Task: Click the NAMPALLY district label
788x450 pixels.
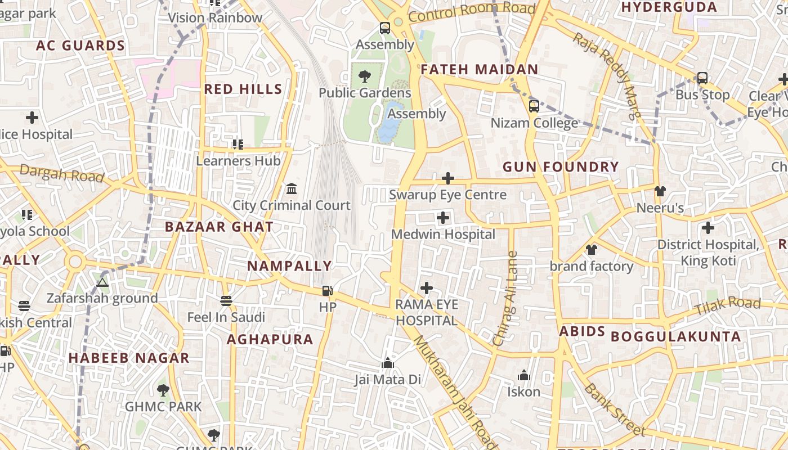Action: click(x=290, y=266)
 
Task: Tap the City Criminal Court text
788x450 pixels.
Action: click(x=292, y=205)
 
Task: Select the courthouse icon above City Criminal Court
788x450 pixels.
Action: click(x=292, y=188)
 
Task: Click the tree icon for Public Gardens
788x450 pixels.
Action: click(x=365, y=76)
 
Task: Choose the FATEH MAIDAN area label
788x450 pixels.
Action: click(x=480, y=70)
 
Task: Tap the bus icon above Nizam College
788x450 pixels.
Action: click(x=534, y=106)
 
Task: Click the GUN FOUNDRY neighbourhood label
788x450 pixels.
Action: click(x=561, y=167)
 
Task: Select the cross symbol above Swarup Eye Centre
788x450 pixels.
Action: click(x=448, y=179)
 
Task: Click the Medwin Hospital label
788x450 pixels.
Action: click(x=443, y=234)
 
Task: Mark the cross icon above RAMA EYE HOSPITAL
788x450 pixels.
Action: click(x=427, y=289)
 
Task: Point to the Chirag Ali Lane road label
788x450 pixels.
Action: click(x=504, y=298)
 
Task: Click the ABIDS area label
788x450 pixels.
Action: click(x=582, y=331)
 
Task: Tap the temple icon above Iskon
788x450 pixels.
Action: click(x=524, y=375)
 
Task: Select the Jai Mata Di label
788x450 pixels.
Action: click(x=387, y=380)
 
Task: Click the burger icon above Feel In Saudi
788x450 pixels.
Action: click(x=226, y=301)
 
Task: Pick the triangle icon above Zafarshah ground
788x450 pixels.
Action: click(x=102, y=282)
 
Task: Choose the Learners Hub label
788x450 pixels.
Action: click(x=238, y=161)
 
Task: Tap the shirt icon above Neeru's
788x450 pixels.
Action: click(x=660, y=191)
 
